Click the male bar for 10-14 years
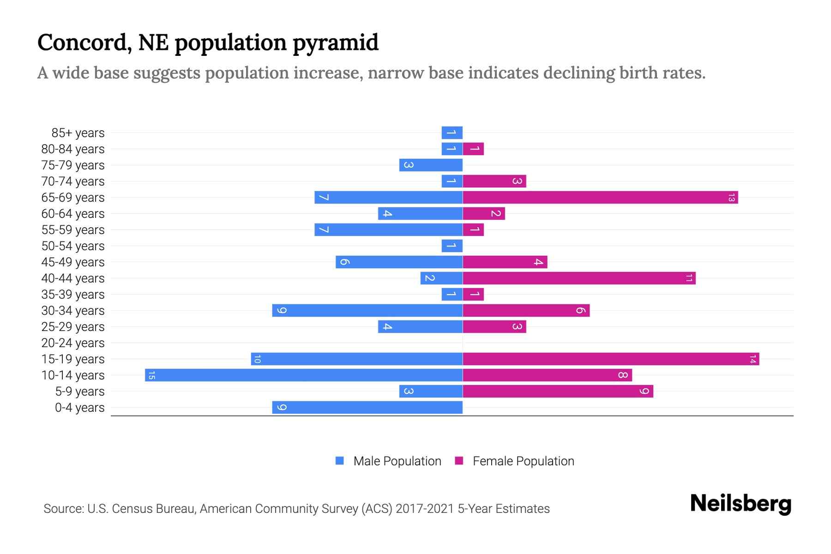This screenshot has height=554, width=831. [304, 375]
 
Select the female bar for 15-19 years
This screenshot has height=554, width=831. [611, 359]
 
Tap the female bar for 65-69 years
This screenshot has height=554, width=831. [600, 198]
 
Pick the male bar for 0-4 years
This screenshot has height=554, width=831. [367, 408]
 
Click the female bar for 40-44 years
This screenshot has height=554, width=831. [579, 278]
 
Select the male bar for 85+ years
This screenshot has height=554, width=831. [452, 133]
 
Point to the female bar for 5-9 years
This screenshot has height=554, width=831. [558, 391]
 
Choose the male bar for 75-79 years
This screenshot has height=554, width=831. [431, 165]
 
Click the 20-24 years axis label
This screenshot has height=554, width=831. [73, 343]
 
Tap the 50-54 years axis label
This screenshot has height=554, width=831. [73, 246]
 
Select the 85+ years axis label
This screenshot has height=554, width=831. [78, 133]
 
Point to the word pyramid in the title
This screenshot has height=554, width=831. [336, 43]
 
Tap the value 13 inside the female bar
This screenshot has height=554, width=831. [731, 198]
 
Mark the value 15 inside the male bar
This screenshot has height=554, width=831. [151, 375]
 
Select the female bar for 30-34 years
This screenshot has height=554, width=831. [526, 311]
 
